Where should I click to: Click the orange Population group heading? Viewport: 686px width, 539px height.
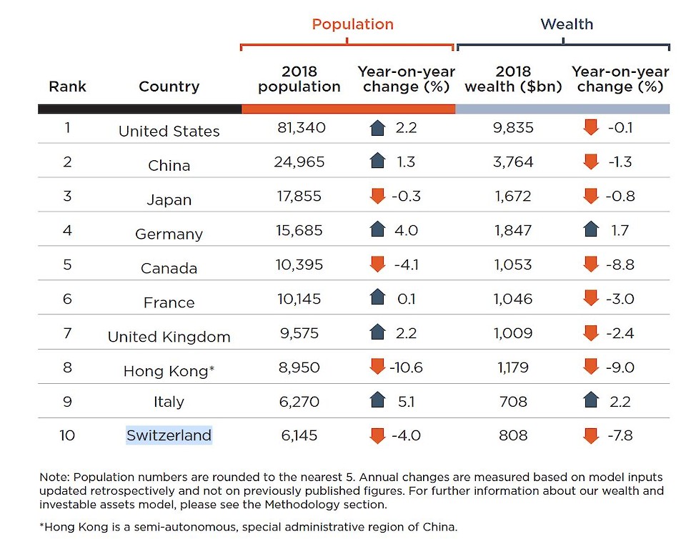[x=352, y=24]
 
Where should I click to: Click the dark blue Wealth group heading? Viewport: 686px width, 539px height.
[x=567, y=24]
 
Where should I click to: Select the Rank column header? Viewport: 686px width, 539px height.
[x=67, y=86]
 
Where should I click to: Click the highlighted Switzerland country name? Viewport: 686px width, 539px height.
[x=169, y=435]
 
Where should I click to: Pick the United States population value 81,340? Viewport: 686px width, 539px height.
[x=301, y=128]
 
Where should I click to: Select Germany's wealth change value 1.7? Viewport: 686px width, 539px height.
[x=620, y=230]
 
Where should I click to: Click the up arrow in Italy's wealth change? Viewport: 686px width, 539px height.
[x=590, y=401]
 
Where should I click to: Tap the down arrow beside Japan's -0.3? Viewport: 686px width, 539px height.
[x=377, y=197]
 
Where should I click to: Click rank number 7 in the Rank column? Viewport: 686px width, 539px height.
[x=67, y=333]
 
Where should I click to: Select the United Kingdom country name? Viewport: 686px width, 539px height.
[x=169, y=337]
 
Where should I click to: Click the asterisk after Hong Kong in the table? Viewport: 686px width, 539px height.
[x=212, y=369]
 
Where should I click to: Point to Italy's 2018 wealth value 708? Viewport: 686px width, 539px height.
[x=513, y=402]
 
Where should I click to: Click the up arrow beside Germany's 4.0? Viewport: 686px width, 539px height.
[x=377, y=230]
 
